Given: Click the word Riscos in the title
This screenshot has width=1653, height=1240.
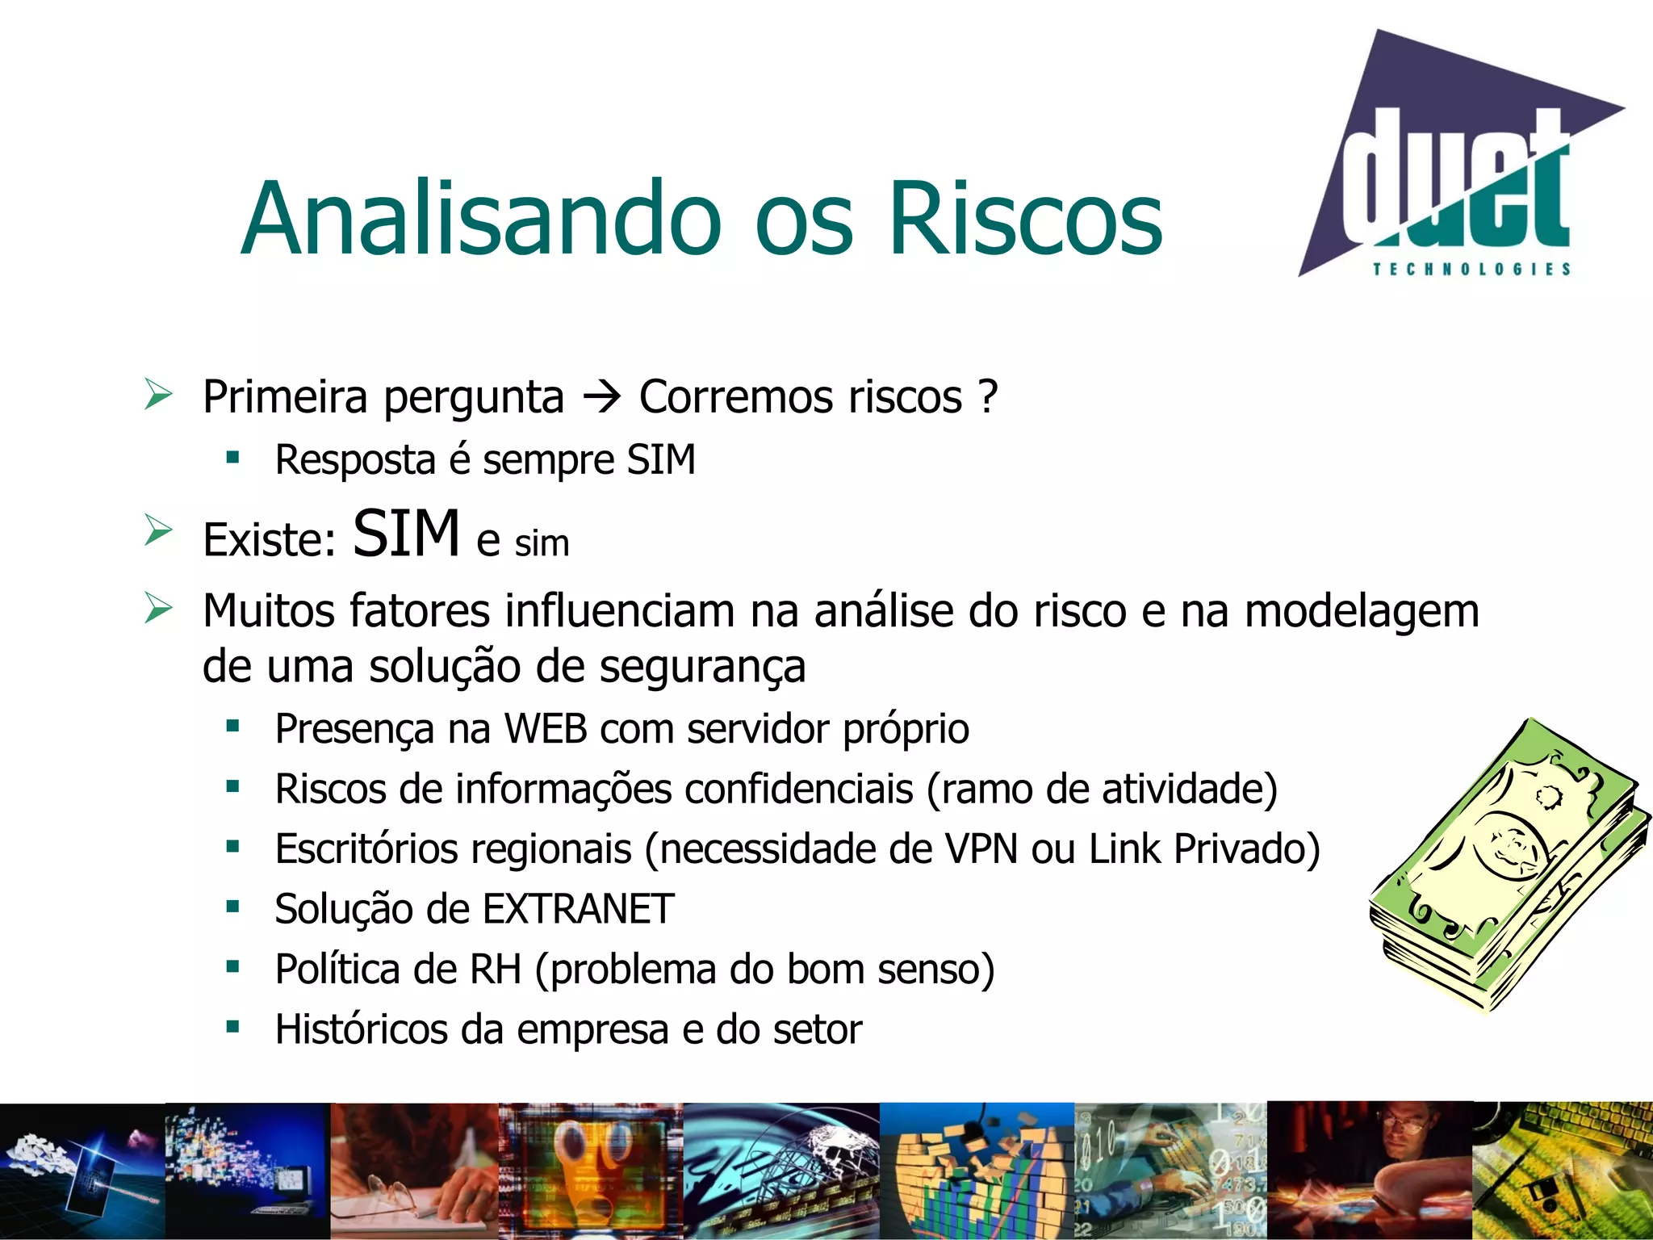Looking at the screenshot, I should coord(1025,218).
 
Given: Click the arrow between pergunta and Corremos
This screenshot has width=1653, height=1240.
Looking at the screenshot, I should coord(601,397).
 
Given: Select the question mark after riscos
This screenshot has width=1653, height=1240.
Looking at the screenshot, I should coord(988,396).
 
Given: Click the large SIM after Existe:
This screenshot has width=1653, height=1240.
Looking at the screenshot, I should coord(406,534).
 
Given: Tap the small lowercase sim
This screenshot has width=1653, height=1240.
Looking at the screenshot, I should coord(542,543).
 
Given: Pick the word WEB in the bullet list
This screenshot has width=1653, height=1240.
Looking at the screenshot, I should coord(546,729).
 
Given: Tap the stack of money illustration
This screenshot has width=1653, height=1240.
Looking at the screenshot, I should coord(1505,864).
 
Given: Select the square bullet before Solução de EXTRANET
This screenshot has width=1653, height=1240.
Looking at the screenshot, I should coord(233,907).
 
